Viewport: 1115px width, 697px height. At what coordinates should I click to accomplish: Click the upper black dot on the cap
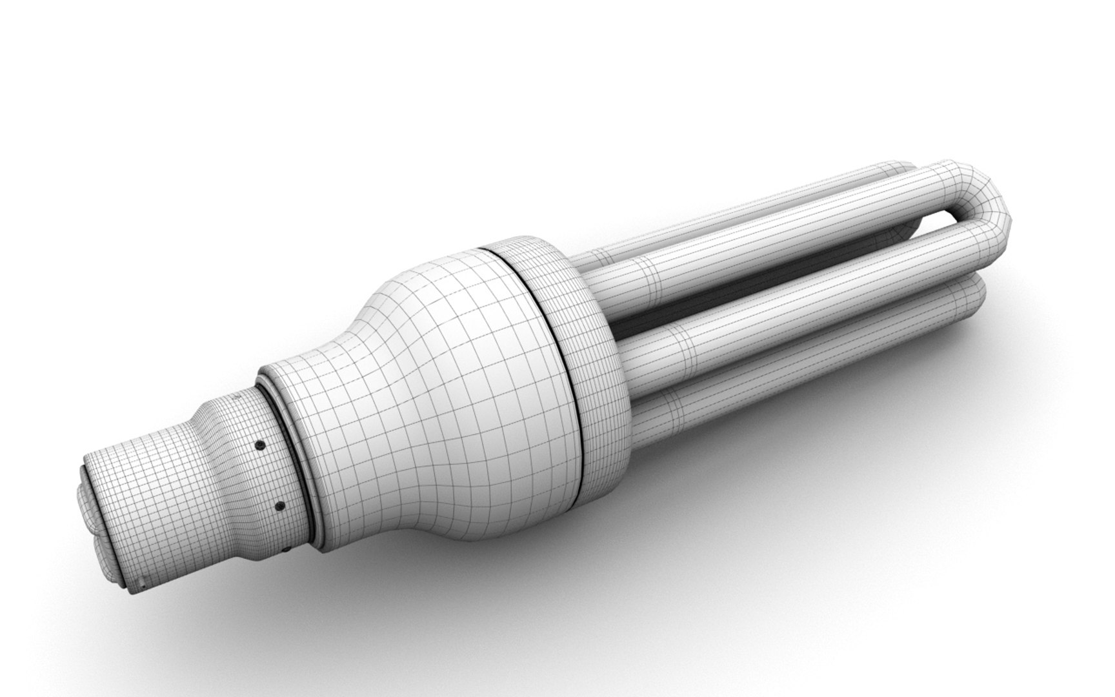point(259,445)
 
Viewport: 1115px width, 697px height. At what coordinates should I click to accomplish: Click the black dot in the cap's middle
point(279,506)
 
